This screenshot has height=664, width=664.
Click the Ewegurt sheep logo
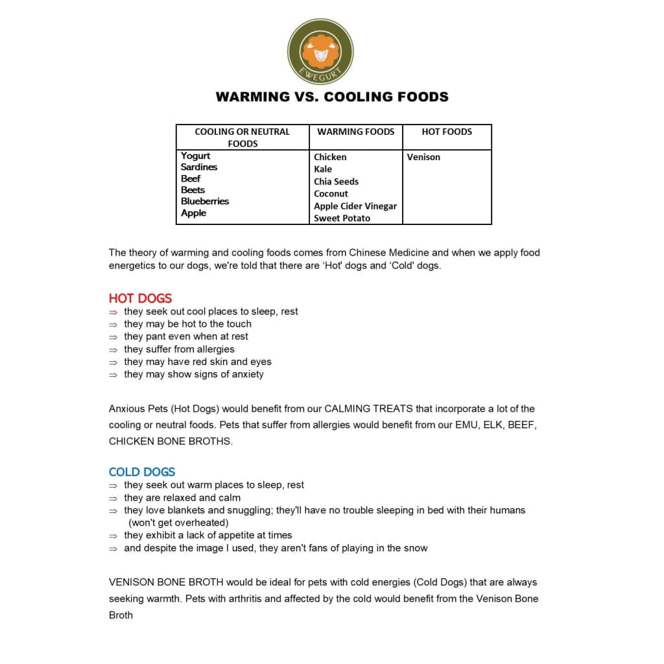click(x=320, y=51)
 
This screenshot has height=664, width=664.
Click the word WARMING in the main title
click(x=253, y=97)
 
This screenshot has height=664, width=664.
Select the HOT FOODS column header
click(x=447, y=132)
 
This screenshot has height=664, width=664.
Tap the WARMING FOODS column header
click(x=356, y=132)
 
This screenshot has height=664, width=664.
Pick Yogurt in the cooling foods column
click(x=196, y=156)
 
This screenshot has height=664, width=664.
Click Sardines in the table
click(x=199, y=167)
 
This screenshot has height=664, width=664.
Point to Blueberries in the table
click(x=205, y=202)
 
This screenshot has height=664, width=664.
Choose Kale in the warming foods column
click(x=323, y=169)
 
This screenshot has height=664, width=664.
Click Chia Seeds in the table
click(x=336, y=182)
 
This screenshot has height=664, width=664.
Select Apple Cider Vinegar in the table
click(x=355, y=206)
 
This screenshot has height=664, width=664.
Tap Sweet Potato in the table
click(x=342, y=219)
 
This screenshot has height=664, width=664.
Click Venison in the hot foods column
click(x=423, y=157)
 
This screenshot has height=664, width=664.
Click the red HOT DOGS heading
click(x=140, y=298)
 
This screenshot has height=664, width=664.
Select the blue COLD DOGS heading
click(x=142, y=472)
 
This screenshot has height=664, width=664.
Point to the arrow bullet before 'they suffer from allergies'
click(x=113, y=350)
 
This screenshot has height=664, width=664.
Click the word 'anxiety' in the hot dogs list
click(x=248, y=374)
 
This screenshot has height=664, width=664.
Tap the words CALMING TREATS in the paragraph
click(x=366, y=409)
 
